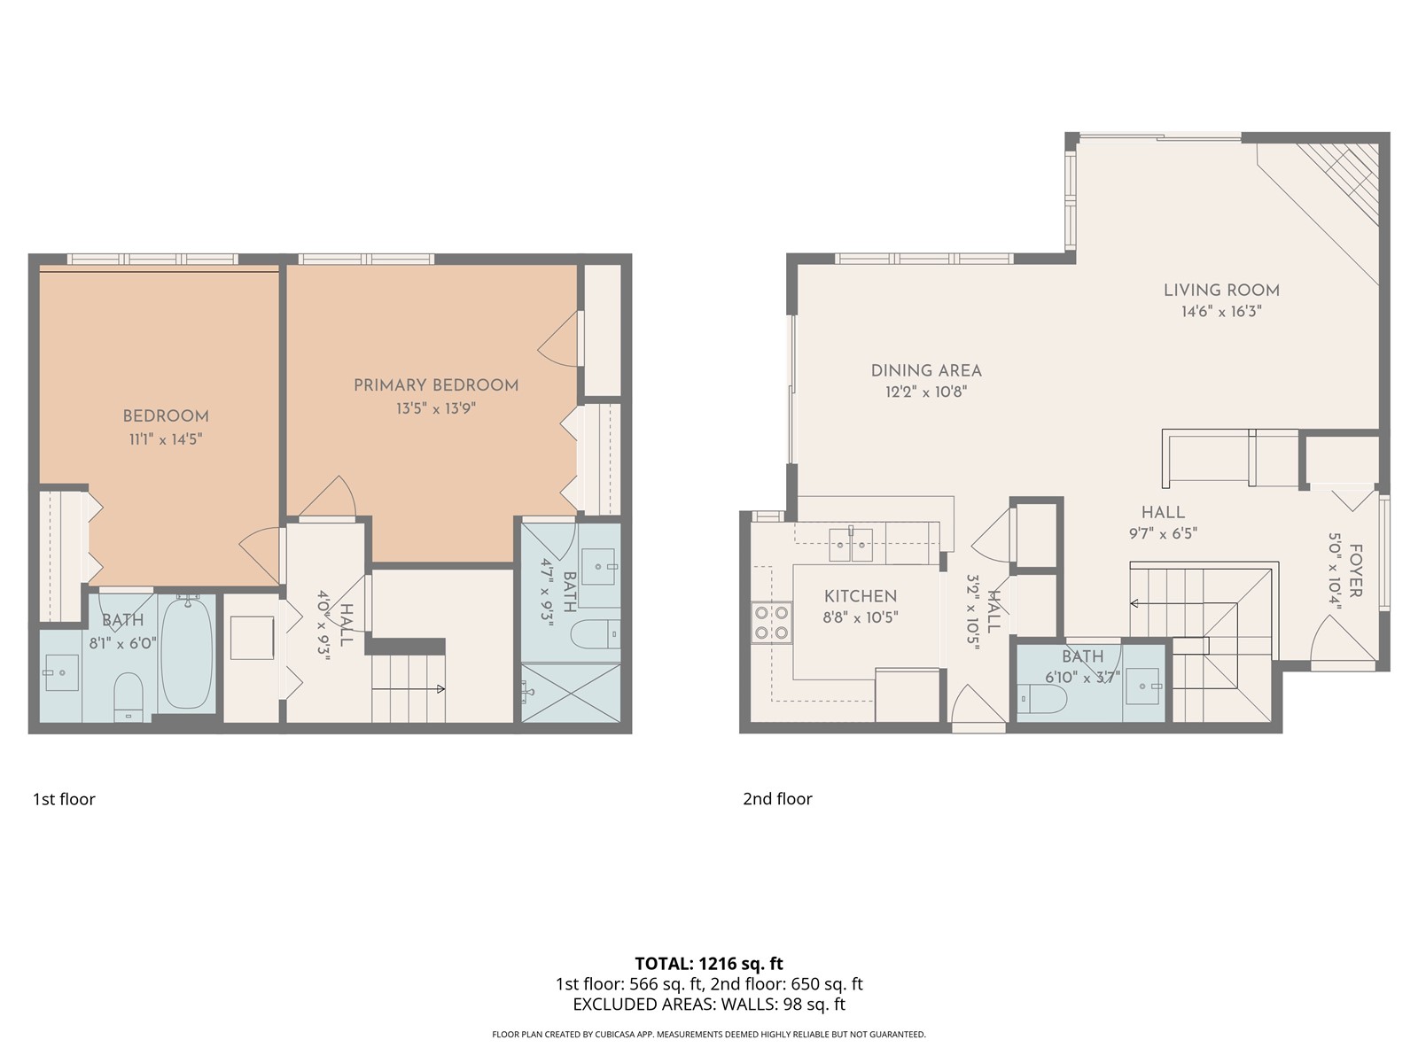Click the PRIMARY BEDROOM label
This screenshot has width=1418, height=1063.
point(435,385)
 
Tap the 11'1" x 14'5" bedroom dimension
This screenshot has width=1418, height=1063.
point(165,438)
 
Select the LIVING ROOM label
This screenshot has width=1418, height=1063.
point(1220,290)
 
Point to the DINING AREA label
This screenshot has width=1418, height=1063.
point(926,371)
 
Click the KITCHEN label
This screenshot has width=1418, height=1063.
point(860,596)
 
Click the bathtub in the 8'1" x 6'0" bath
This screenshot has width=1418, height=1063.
point(187,652)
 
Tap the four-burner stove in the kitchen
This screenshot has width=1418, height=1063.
point(771,622)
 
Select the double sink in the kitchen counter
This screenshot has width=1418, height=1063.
point(851,545)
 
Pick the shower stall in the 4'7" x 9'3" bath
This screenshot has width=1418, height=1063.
point(570,694)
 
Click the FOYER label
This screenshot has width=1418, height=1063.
point(1355,570)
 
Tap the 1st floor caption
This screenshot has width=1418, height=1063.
point(64,799)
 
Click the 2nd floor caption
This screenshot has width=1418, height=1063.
point(777,799)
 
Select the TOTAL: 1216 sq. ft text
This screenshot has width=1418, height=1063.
point(709,964)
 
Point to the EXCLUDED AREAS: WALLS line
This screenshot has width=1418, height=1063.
point(709,1005)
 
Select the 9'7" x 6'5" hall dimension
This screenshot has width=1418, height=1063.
point(1163,533)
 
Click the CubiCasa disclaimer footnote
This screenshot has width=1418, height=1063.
point(709,1035)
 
